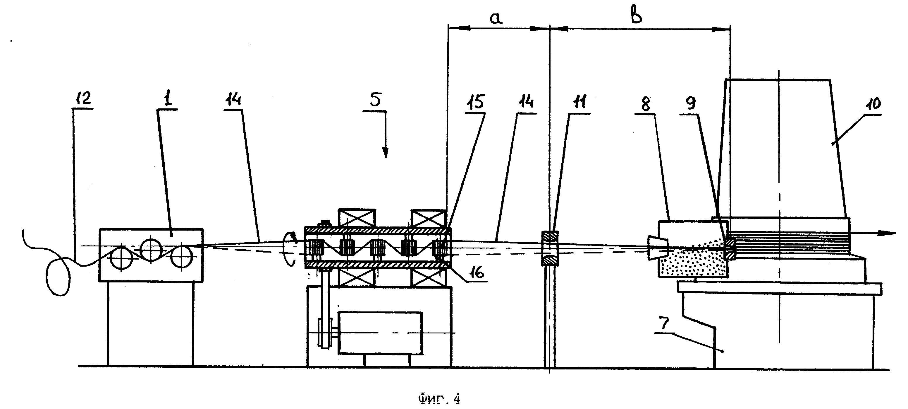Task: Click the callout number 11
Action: [x=579, y=102]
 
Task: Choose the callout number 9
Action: [x=691, y=103]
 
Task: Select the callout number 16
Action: [x=476, y=272]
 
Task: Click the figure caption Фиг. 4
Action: [x=439, y=399]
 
